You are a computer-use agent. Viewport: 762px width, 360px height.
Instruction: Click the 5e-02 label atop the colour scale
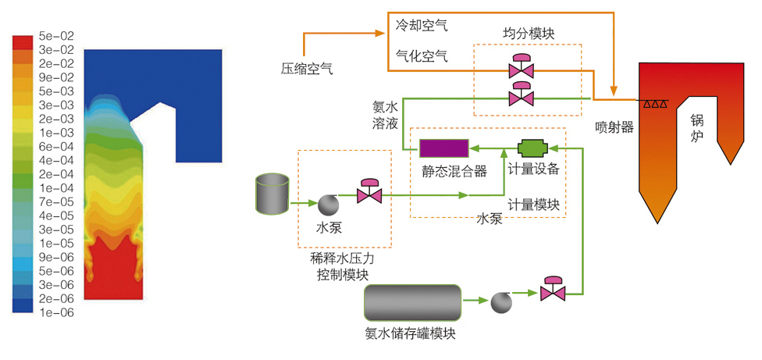pos(55,35)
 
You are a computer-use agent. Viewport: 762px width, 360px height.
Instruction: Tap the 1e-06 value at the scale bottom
pos(55,312)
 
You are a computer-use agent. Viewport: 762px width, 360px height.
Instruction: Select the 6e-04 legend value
pos(55,146)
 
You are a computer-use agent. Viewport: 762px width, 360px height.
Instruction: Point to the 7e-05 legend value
pos(55,201)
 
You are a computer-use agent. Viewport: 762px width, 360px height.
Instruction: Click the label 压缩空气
pos(307,69)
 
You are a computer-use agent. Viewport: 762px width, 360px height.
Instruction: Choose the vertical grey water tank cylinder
pos(272,194)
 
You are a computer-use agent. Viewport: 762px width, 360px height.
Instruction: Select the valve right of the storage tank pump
pos(554,290)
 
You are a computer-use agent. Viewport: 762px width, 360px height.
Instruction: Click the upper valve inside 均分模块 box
pos(520,69)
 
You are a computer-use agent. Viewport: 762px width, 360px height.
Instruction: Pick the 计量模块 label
pos(533,205)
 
